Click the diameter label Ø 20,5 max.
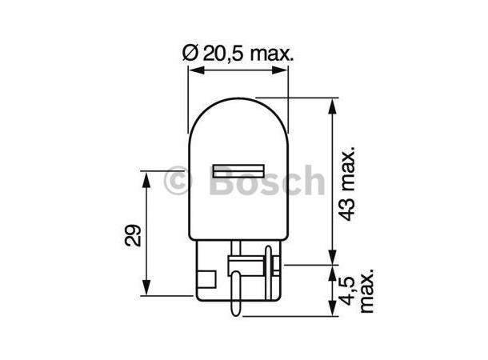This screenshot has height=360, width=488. pos(238,54)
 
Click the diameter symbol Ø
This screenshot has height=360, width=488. pos(190,54)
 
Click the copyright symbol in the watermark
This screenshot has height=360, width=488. pos(178,182)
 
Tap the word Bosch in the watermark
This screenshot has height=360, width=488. pos(266,182)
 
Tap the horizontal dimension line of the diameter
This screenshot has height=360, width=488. pos(238,70)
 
